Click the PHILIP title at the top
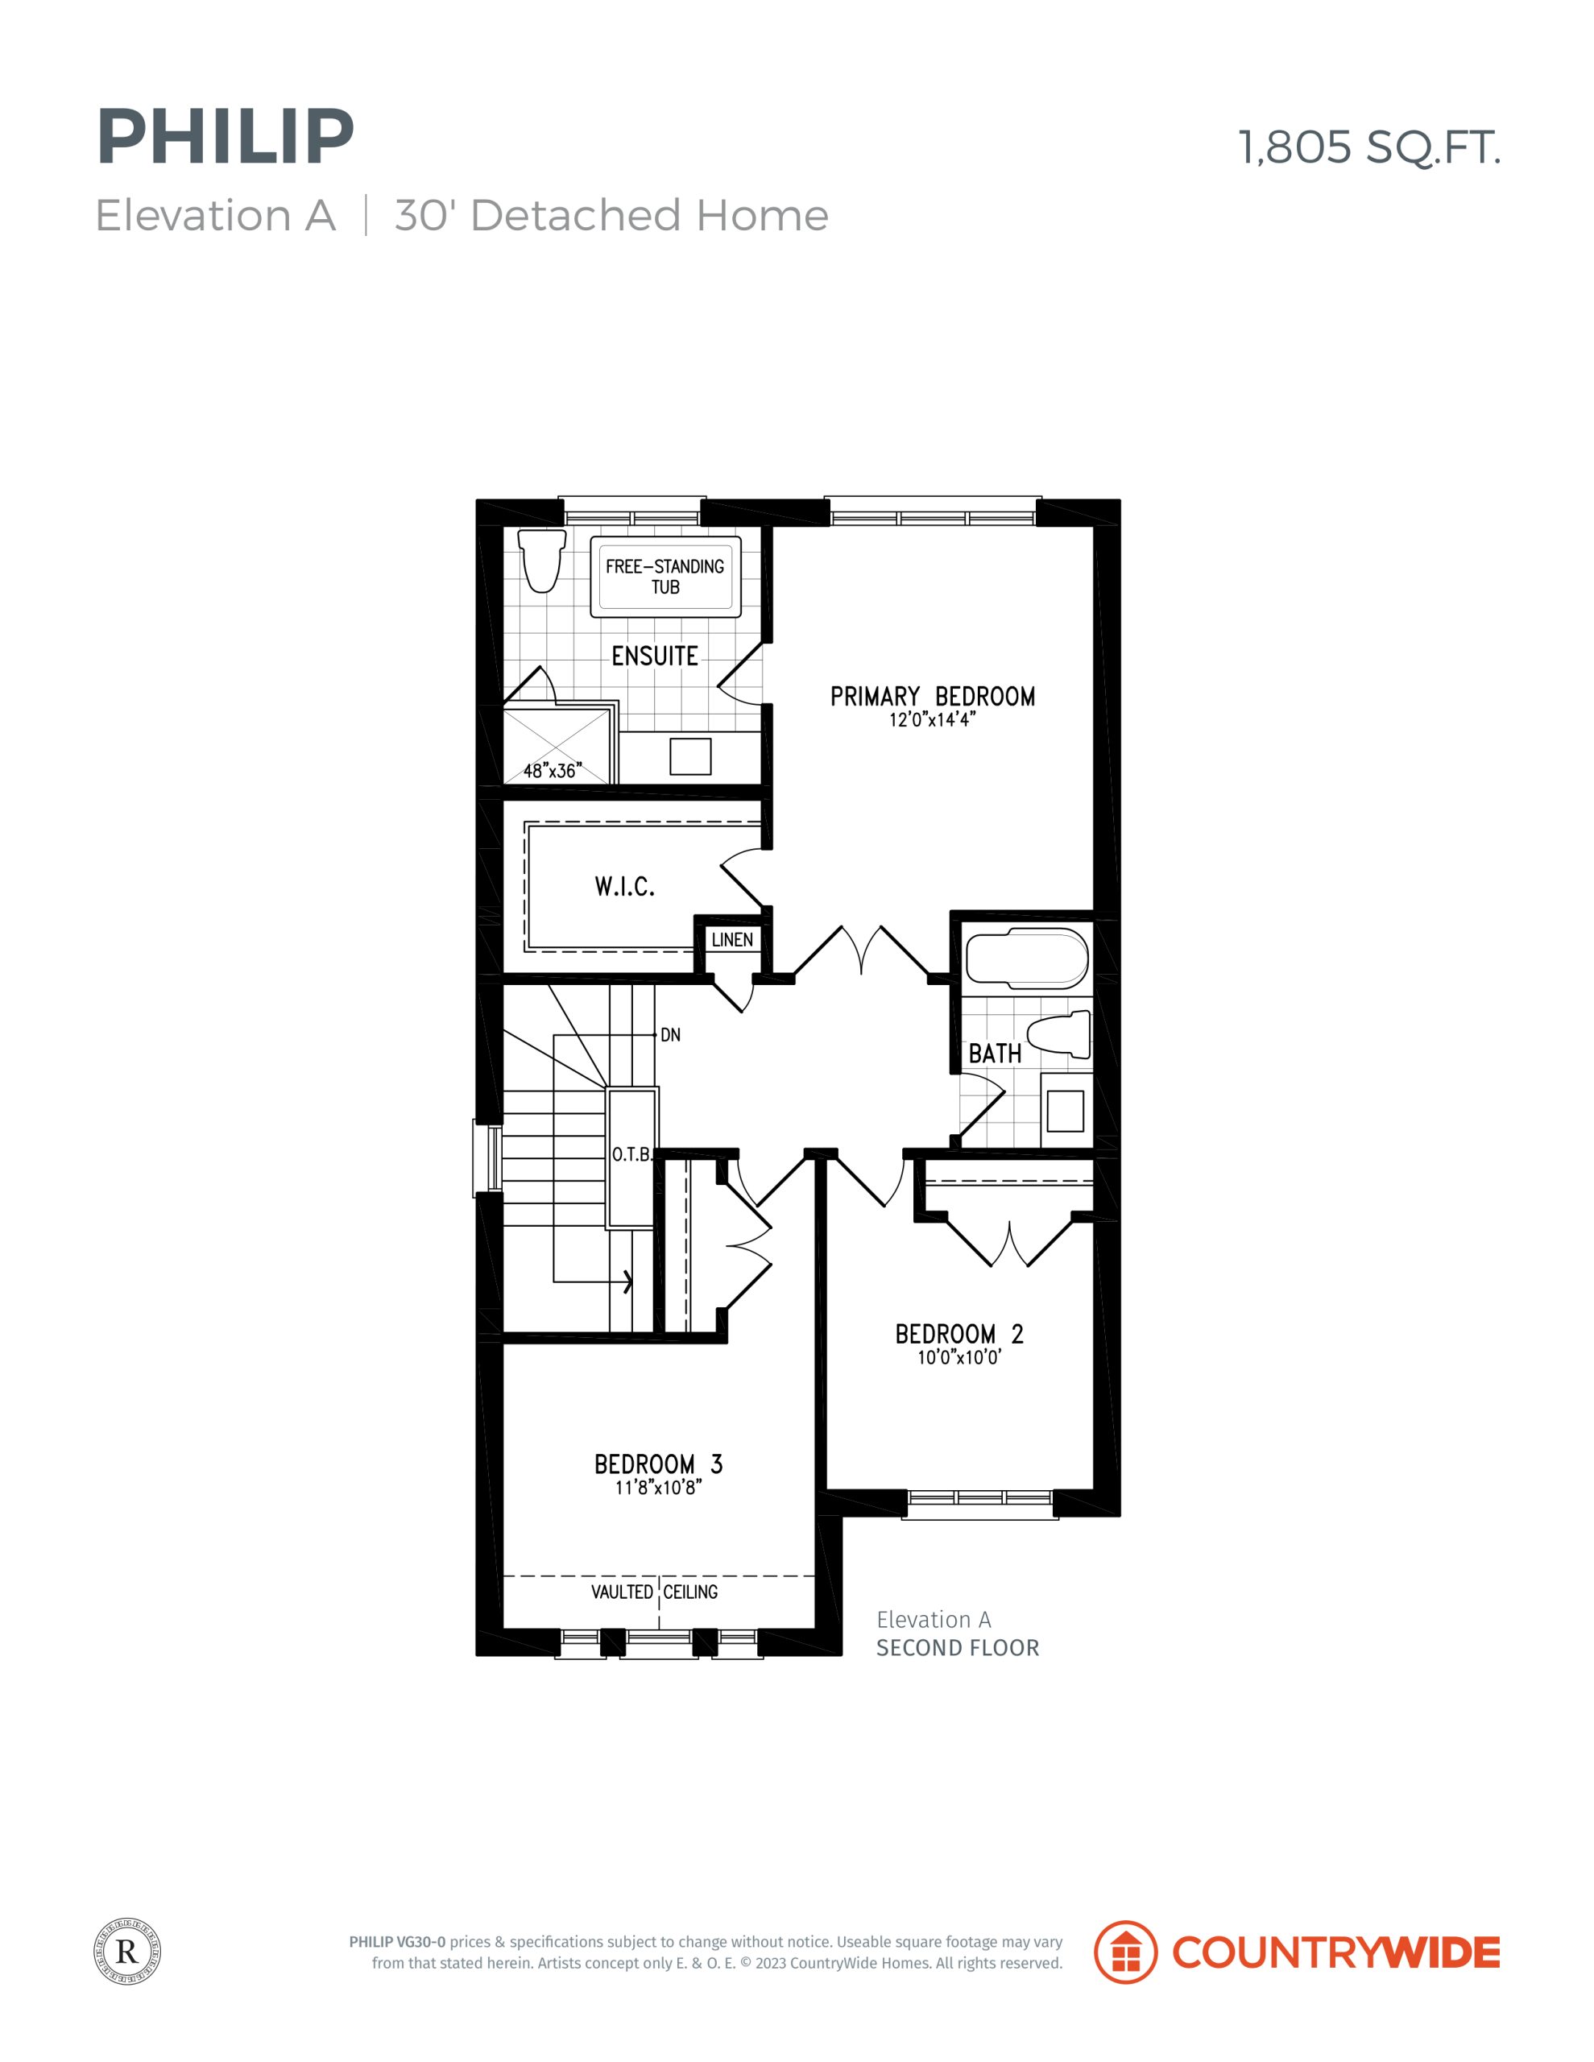coord(225,137)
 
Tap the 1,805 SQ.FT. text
coord(1369,148)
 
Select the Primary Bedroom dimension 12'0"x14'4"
coord(932,719)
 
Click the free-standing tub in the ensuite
coord(666,576)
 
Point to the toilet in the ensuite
coord(543,560)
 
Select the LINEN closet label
coord(732,939)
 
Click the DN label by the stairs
coord(670,1035)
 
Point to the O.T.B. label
coord(631,1155)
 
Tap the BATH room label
coord(996,1054)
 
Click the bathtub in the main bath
coord(1026,959)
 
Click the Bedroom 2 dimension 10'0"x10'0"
coord(959,1358)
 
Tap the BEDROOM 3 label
coord(658,1464)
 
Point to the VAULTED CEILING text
coord(654,1592)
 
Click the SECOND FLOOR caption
coord(958,1647)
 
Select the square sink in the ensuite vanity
coord(690,756)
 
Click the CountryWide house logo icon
coord(1125,1952)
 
